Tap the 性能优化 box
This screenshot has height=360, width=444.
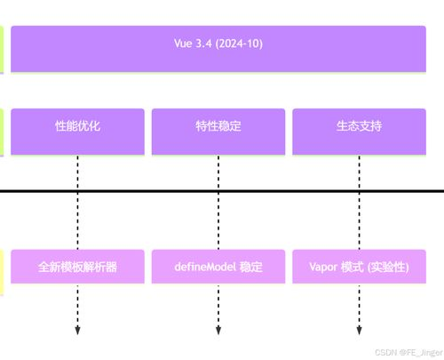(77, 132)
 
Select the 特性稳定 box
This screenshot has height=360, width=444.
(218, 132)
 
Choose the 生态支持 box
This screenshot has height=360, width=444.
(360, 132)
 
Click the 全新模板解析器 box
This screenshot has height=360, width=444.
(77, 266)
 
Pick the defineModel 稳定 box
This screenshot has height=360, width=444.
(218, 266)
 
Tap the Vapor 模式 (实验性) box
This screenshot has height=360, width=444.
(360, 266)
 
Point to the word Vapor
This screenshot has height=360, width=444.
(323, 266)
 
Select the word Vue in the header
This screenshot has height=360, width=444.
(184, 42)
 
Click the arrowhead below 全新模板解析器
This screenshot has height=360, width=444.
(77, 331)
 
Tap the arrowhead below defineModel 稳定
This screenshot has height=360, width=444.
(218, 331)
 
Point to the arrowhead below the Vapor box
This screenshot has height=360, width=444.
(360, 331)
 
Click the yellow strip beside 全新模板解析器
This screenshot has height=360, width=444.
(3, 271)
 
